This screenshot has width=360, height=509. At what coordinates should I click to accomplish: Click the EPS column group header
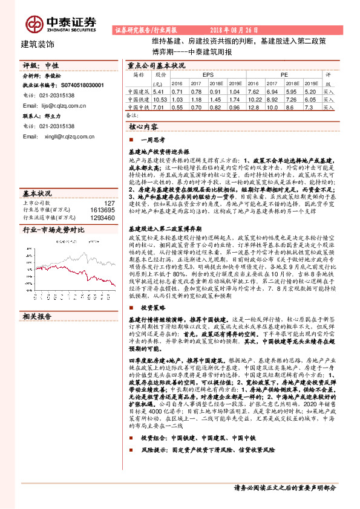(x=208, y=74)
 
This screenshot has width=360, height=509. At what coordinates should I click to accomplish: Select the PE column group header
(x=284, y=74)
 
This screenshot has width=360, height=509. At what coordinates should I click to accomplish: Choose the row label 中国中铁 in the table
(x=138, y=107)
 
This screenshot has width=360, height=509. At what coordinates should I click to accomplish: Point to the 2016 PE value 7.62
(x=254, y=91)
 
